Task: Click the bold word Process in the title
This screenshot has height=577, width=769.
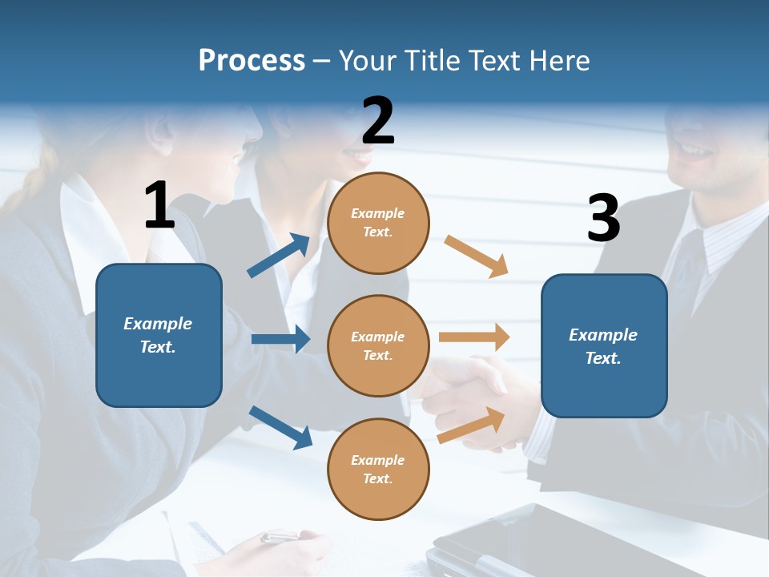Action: [x=252, y=61]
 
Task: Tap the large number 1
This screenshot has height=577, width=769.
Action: [x=159, y=206]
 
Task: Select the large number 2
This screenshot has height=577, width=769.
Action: [x=378, y=122]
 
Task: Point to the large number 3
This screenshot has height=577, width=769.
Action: [x=603, y=218]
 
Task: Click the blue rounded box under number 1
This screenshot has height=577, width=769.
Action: [x=159, y=335]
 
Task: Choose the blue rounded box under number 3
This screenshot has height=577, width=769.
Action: [x=604, y=345]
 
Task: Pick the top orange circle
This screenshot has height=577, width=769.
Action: [x=378, y=223]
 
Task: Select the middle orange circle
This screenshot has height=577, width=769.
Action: [x=378, y=345]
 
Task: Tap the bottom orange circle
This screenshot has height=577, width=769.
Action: [x=378, y=469]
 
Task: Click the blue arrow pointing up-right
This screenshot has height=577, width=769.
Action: [x=279, y=256]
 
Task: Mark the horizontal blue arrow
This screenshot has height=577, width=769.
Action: [x=280, y=339]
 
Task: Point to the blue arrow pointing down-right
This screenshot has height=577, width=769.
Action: [x=280, y=427]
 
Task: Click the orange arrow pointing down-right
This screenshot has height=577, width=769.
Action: [x=477, y=256]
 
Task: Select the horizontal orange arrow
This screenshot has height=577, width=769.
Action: [x=474, y=337]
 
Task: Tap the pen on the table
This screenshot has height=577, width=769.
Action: [x=280, y=537]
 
